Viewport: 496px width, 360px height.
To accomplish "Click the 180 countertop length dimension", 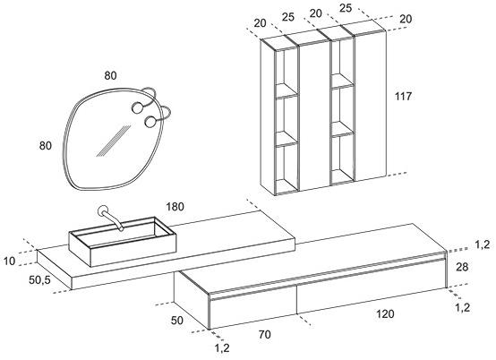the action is [175, 207].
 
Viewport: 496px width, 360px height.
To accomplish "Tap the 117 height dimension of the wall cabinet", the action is [403, 96].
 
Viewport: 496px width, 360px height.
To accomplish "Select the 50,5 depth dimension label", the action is [39, 279].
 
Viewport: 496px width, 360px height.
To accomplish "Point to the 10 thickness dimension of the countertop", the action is [10, 261].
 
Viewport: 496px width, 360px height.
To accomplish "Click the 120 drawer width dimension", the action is [385, 313].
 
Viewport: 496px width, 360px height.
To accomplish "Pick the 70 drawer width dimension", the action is [264, 334].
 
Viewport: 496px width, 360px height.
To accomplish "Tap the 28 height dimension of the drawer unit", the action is [462, 267].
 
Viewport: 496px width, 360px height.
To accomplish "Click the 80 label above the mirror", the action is [110, 75].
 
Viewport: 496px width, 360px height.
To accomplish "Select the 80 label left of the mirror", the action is [46, 145].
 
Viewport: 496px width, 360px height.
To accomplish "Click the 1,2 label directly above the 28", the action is [482, 244].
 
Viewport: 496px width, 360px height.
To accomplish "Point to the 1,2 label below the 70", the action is [222, 347].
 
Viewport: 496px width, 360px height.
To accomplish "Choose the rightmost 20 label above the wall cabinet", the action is [406, 19].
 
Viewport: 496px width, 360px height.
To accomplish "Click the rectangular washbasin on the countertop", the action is [123, 242].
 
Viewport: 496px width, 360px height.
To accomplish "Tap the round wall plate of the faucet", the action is [103, 210].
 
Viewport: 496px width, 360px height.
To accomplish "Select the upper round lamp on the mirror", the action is [138, 107].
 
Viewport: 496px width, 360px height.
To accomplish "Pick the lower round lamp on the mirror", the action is [150, 122].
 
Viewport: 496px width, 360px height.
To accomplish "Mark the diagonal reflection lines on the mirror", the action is [114, 141].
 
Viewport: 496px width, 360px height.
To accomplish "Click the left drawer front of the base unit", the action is [253, 305].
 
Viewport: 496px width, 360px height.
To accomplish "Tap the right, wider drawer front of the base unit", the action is [372, 287].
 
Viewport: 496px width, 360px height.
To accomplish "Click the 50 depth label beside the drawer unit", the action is [177, 320].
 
